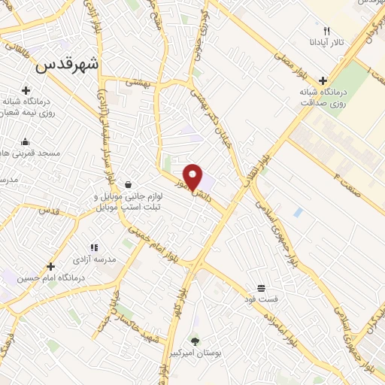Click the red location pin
coord(193,176)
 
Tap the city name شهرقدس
coord(67,65)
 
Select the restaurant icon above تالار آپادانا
coord(326,31)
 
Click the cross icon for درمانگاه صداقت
coord(323,80)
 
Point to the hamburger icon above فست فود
coord(261,288)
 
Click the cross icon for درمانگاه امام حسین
coord(50,266)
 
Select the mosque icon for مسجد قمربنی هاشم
coord(26,141)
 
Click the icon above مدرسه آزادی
coord(94,247)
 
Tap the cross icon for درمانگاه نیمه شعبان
coord(26,90)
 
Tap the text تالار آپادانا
coord(329,42)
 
